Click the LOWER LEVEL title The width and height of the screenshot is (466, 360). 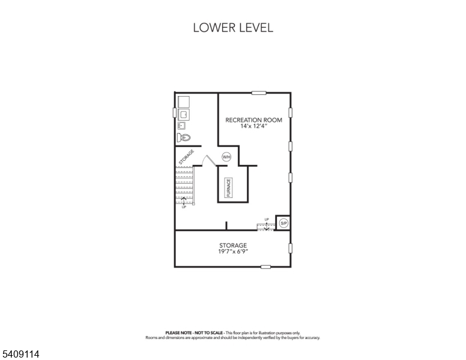(232, 28)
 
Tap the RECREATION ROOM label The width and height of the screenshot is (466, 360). (253, 120)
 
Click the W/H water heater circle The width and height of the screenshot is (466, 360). (226, 157)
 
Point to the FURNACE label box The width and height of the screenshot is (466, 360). (228, 188)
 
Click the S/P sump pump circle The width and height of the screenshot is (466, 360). (283, 223)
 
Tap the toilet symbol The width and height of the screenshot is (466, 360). (184, 138)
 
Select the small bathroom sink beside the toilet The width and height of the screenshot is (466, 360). (181, 126)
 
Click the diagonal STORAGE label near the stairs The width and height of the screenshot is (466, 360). (186, 157)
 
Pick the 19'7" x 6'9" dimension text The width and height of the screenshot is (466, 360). (233, 252)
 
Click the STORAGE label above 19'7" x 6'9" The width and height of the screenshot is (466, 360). (233, 245)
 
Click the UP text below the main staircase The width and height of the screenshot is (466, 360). (184, 207)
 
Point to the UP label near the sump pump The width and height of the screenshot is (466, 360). (267, 219)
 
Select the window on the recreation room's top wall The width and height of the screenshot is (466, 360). (259, 92)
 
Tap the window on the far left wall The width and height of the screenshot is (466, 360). (175, 112)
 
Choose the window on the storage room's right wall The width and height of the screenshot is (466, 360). (291, 248)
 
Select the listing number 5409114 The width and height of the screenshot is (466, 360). (20, 355)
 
